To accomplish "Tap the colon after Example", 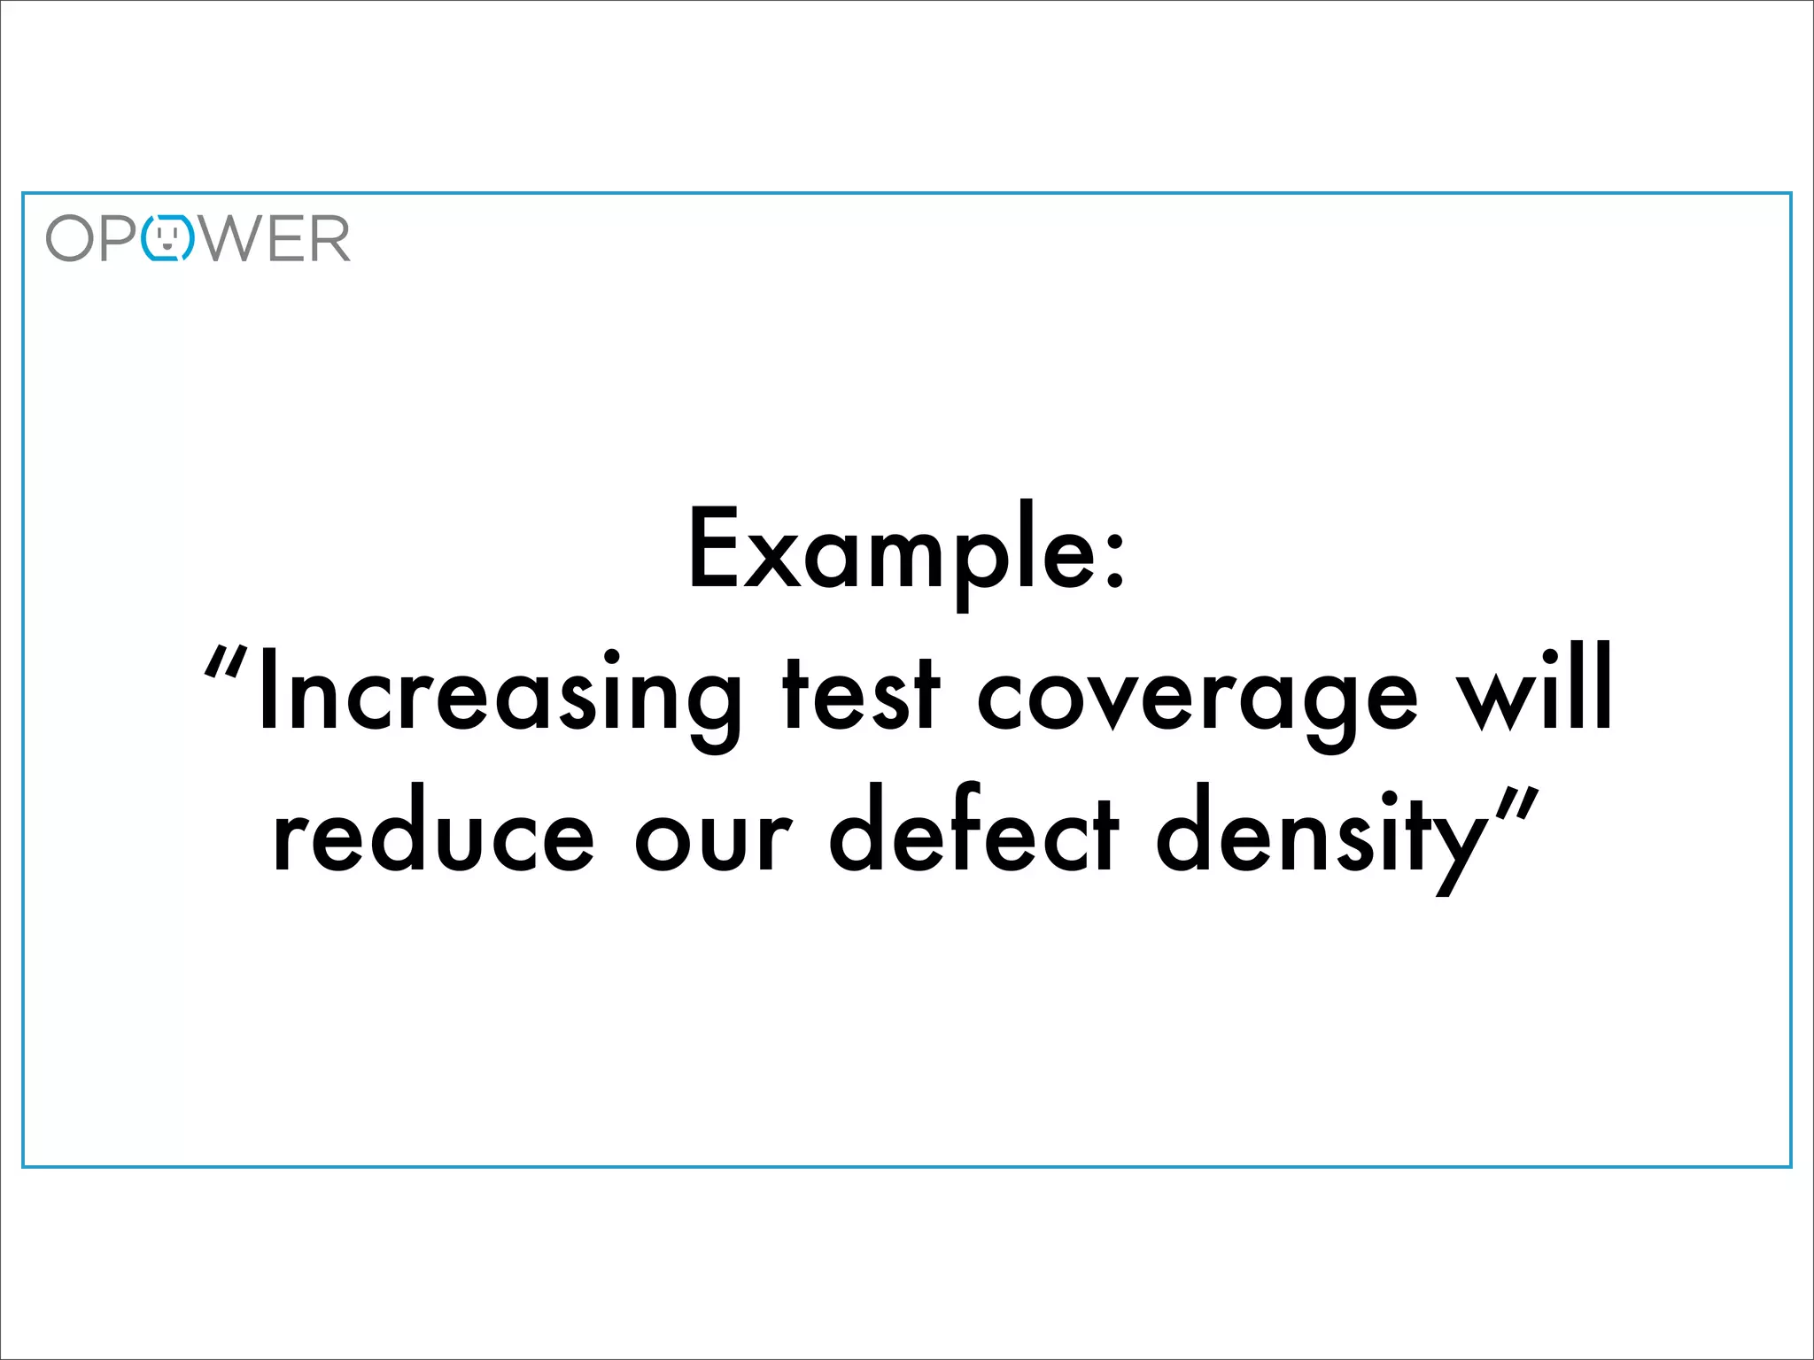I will click(x=1115, y=558).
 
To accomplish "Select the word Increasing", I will click(x=500, y=695).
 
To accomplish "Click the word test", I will click(x=860, y=695).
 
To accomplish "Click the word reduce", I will click(x=433, y=832).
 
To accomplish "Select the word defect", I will click(x=973, y=828).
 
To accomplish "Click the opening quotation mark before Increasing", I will click(x=223, y=662).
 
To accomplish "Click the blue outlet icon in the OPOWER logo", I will click(x=168, y=238).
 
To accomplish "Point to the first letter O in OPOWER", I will click(x=70, y=238).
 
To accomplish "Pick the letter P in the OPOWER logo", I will click(x=120, y=238).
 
